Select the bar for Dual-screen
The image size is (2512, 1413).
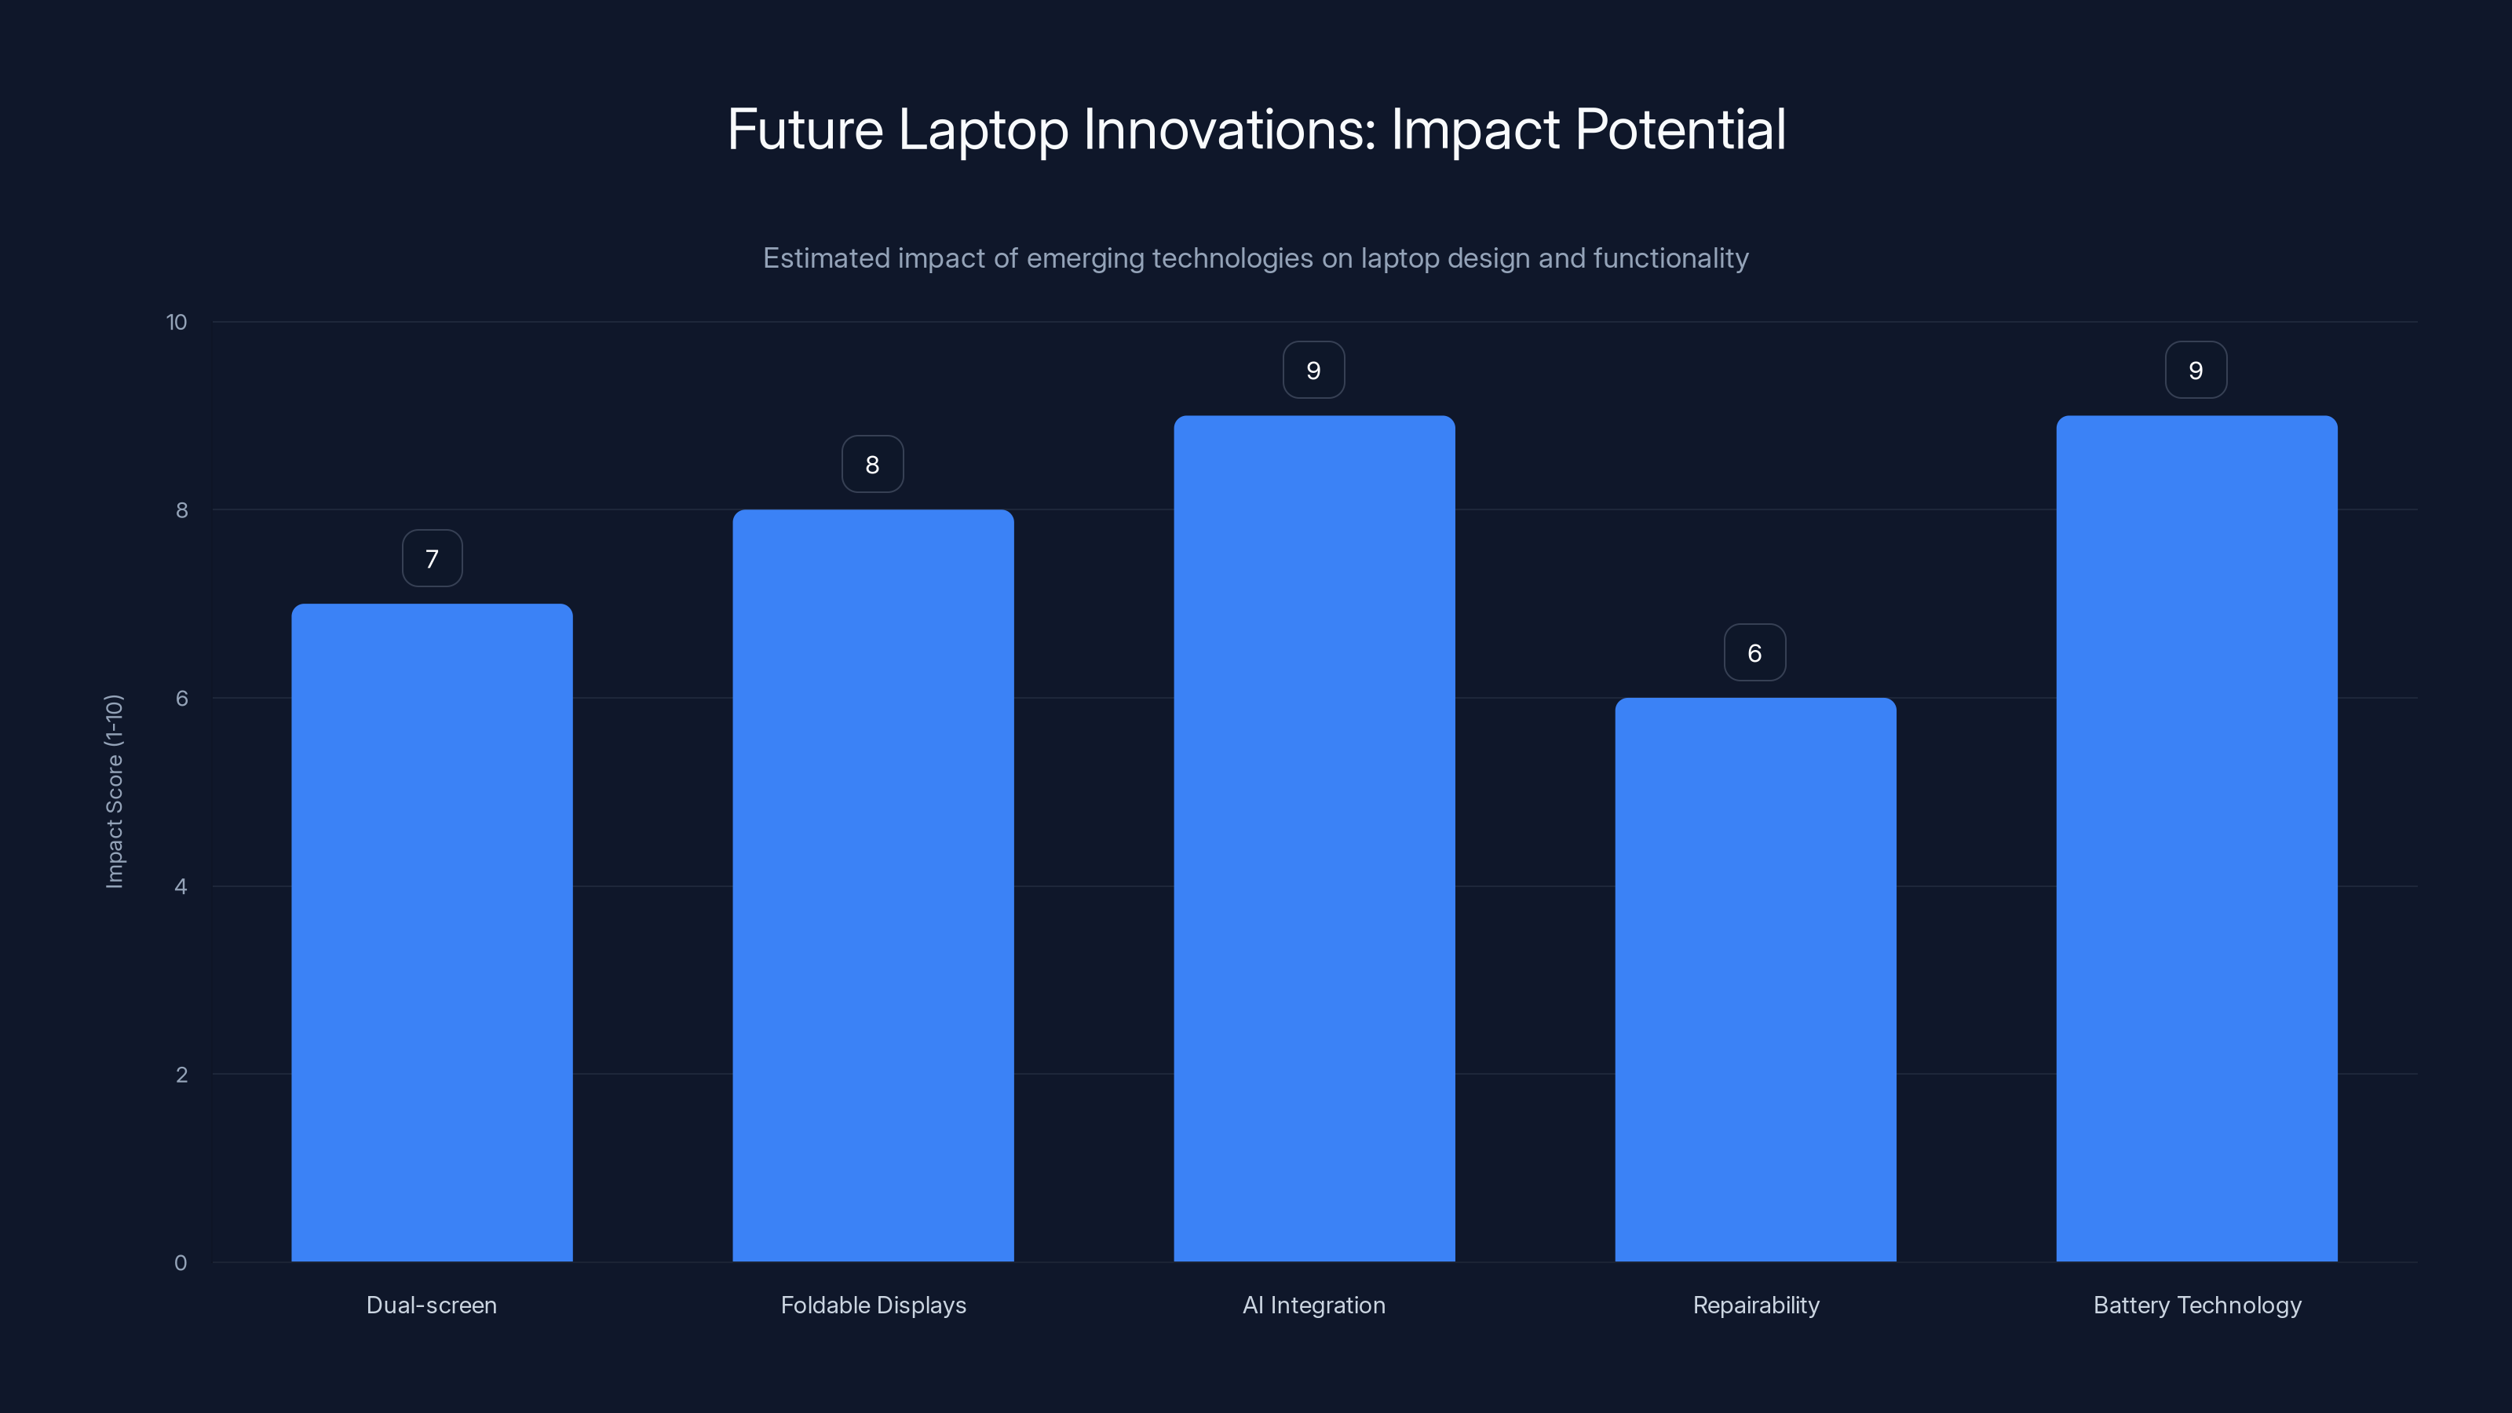pos(432,933)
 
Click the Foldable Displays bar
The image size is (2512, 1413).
pos(873,885)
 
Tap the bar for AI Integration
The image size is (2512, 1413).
pos(1313,838)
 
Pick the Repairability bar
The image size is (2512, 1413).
pos(1755,979)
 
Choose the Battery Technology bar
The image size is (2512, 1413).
pos(2196,838)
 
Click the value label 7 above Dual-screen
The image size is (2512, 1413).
pos(432,559)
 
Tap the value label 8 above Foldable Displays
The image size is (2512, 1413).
pos(873,464)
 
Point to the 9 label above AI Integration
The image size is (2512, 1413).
pos(1313,371)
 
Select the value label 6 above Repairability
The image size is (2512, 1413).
pos(1754,652)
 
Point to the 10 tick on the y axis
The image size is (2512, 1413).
pos(177,323)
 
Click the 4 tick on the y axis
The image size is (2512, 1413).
pos(181,886)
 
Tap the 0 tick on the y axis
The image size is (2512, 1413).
pos(181,1263)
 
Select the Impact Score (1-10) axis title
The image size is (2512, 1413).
pos(114,790)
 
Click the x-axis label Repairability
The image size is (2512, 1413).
pos(1755,1305)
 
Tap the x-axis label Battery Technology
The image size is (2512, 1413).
pos(2196,1305)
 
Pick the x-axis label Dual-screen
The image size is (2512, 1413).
pos(431,1305)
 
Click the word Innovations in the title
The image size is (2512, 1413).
pos(1229,130)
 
